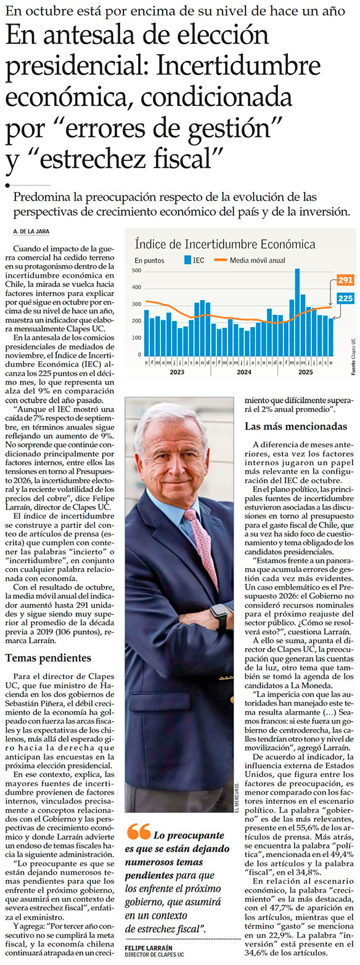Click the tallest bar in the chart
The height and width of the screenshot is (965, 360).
click(x=297, y=312)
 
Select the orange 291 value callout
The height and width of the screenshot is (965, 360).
click(x=345, y=280)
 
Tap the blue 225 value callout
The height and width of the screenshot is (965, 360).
click(x=345, y=298)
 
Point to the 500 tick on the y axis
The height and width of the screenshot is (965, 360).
click(x=137, y=271)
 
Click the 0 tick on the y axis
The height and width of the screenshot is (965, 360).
click(x=139, y=354)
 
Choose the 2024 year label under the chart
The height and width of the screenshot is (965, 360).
click(x=244, y=372)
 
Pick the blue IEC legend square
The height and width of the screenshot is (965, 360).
click(x=187, y=260)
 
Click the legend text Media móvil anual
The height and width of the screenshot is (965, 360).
click(x=258, y=260)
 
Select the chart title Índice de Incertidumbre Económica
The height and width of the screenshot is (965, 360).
click(x=225, y=244)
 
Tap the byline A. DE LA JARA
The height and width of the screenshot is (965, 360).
click(x=31, y=231)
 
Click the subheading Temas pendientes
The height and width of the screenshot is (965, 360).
click(x=48, y=658)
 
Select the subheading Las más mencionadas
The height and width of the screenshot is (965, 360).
click(x=296, y=426)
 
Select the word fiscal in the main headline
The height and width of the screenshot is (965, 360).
click(x=190, y=158)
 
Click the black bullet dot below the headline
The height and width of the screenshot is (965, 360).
click(x=7, y=185)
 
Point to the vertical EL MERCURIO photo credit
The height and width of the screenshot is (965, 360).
click(x=237, y=797)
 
